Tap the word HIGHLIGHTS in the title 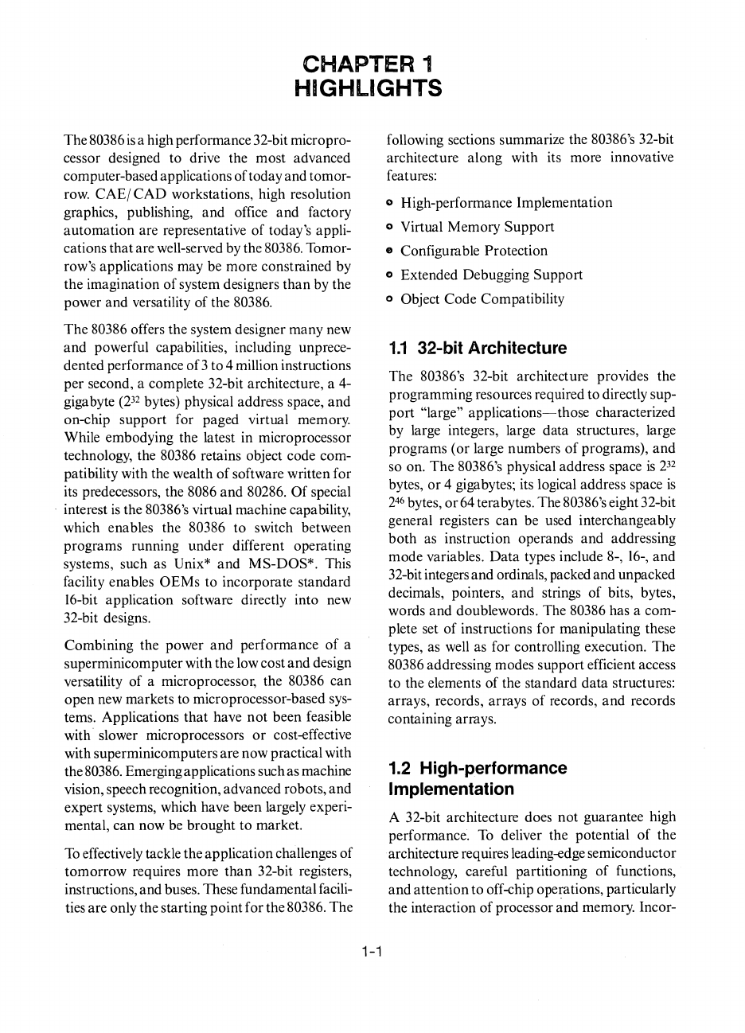[367, 88]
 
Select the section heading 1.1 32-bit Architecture [478, 349]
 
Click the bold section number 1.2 [400, 769]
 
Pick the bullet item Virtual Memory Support [477, 227]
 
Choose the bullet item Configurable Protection [474, 251]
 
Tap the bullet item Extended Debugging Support [491, 275]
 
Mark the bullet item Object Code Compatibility [482, 299]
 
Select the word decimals [413, 593]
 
